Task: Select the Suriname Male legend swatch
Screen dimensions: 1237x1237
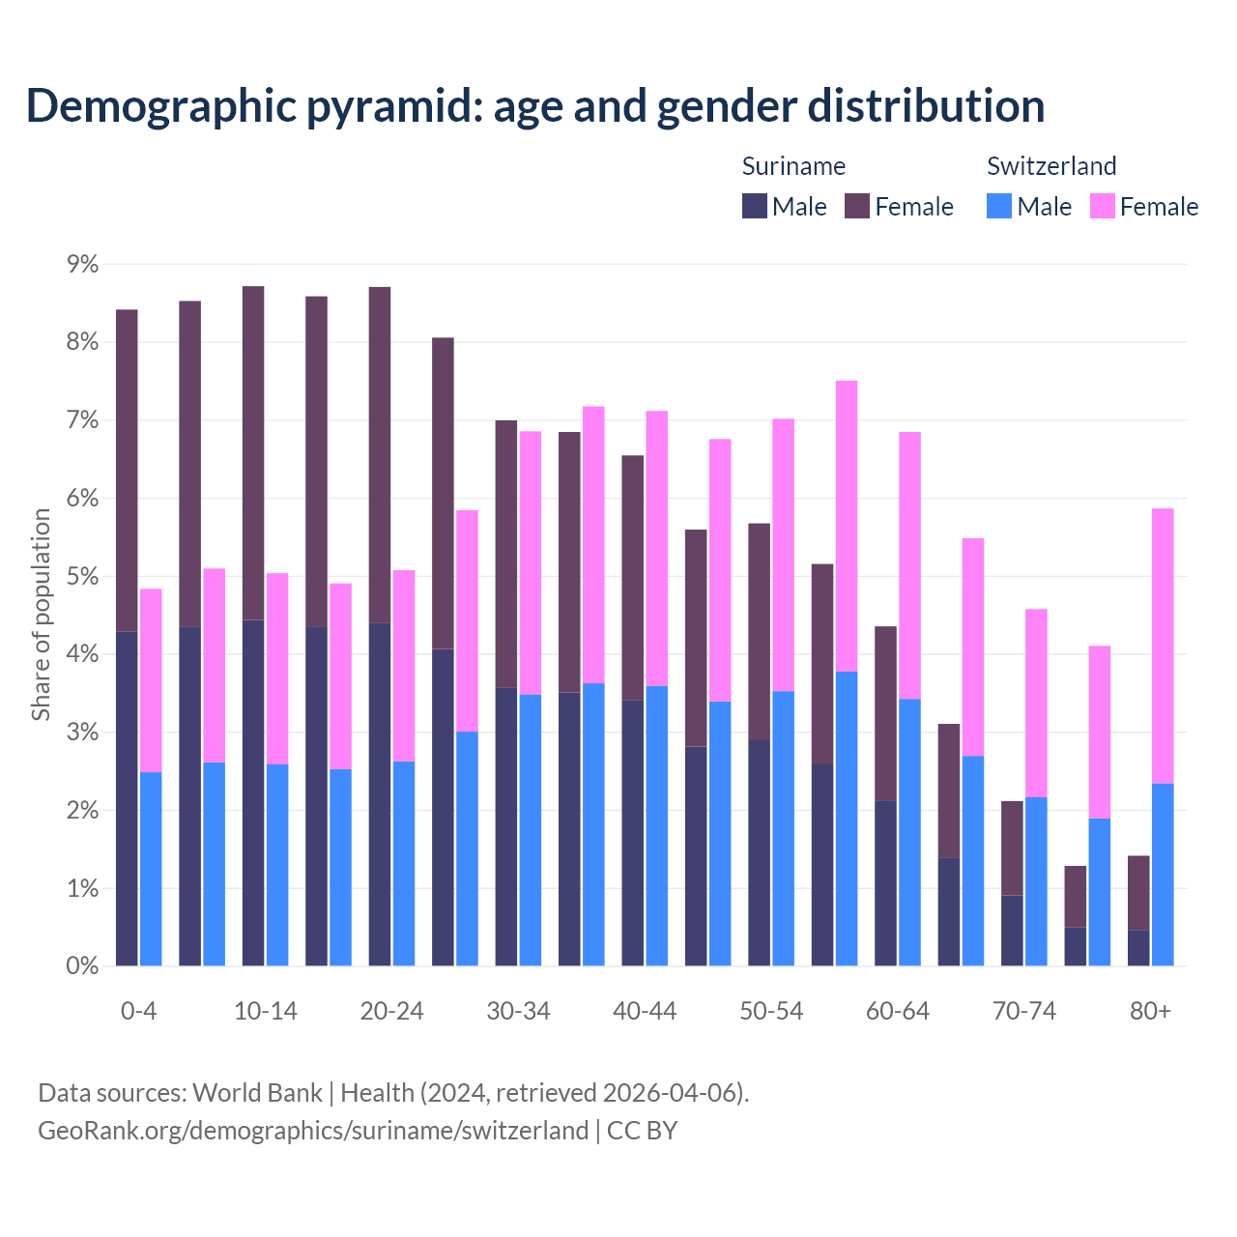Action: [x=755, y=206]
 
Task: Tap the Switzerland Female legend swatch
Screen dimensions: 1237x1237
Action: [x=1102, y=206]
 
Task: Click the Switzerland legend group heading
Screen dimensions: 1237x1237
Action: [x=1051, y=166]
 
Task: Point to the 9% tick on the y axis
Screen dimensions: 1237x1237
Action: [x=82, y=264]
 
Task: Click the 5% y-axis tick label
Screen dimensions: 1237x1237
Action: [x=82, y=576]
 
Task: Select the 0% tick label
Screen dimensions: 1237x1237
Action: [x=82, y=965]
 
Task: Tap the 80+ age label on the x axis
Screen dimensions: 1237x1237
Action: [x=1150, y=1011]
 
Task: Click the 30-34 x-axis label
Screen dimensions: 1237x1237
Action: [x=518, y=1011]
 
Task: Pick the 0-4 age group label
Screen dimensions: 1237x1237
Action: [x=138, y=1011]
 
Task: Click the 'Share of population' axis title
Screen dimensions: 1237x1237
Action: [x=41, y=615]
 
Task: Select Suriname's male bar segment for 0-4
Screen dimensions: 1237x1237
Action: [x=127, y=798]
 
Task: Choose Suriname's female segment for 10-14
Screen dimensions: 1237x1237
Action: [x=253, y=453]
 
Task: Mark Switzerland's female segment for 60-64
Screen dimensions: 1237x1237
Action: [x=909, y=565]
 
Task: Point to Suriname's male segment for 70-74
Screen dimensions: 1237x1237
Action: [x=1012, y=931]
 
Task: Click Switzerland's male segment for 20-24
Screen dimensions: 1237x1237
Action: [x=404, y=863]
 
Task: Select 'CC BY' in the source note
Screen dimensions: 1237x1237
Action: [x=642, y=1130]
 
